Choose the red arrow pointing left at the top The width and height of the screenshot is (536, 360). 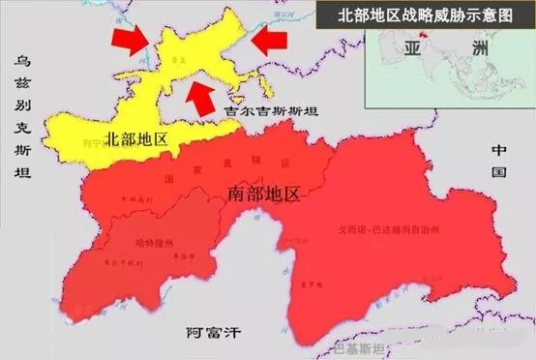pos(271,38)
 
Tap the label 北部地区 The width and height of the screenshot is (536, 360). pos(136,140)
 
